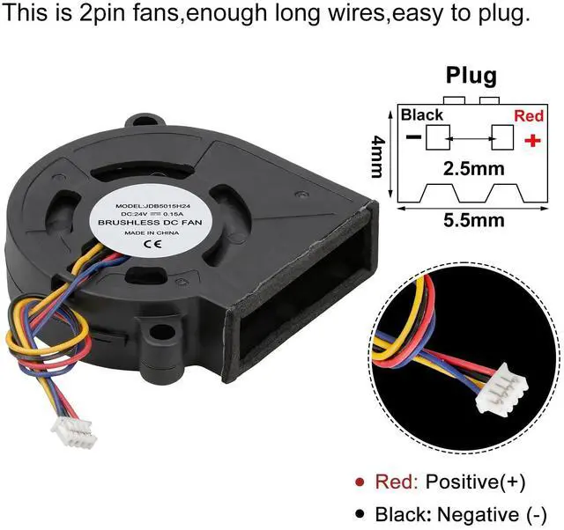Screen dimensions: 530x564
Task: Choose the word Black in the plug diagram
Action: click(422, 115)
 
